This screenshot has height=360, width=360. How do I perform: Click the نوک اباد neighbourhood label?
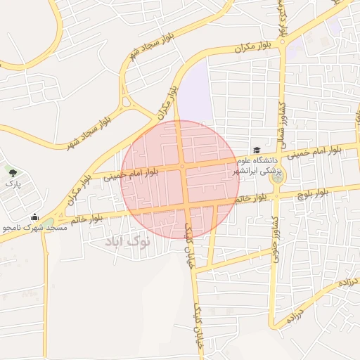pos(128,242)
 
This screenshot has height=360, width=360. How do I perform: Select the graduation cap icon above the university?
pos(257,150)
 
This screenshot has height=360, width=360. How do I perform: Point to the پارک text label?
pos(13,184)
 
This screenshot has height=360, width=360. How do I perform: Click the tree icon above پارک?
pos(12,170)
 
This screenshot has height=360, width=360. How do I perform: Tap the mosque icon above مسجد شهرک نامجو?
pos(34,217)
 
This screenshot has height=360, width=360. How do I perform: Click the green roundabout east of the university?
pos(276,176)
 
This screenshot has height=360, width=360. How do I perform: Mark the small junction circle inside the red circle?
pos(182,167)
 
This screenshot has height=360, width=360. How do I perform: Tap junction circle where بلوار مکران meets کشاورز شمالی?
pos(281,41)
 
